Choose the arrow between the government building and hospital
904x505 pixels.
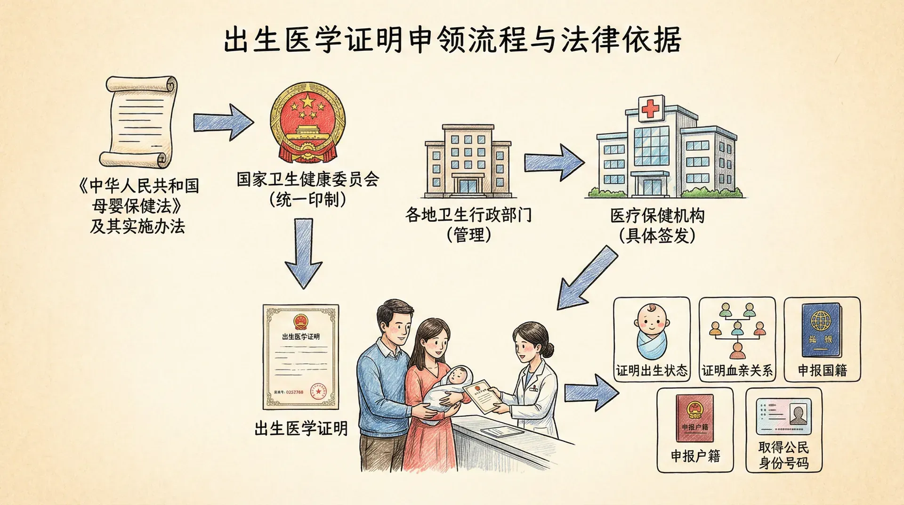click(554, 163)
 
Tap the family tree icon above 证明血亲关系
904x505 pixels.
click(737, 330)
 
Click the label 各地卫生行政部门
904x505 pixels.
click(468, 215)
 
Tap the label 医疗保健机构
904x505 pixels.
click(658, 216)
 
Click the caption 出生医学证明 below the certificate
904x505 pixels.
click(301, 428)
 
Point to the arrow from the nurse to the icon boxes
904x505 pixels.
click(591, 392)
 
